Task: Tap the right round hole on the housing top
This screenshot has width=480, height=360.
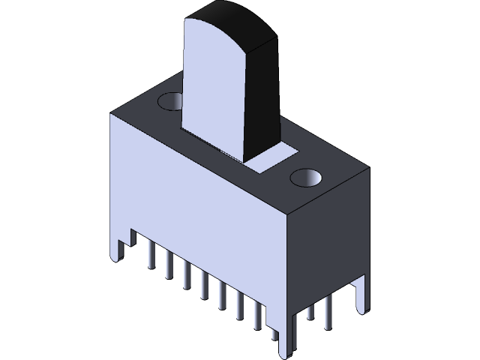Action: point(305,178)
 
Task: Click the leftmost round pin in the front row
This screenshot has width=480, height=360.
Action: point(151,255)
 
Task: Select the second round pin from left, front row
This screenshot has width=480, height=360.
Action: point(169,266)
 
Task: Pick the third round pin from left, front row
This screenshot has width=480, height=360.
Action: point(187,277)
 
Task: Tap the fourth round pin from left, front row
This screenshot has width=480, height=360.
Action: point(204,287)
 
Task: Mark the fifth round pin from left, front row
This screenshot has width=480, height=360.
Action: point(222,297)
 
